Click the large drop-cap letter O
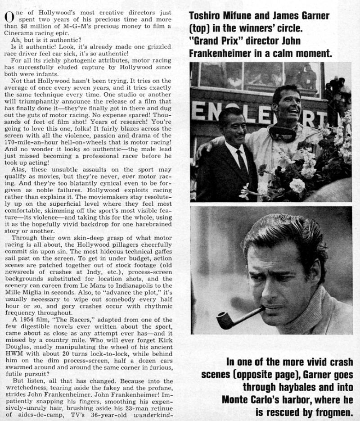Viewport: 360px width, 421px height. (8, 17)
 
